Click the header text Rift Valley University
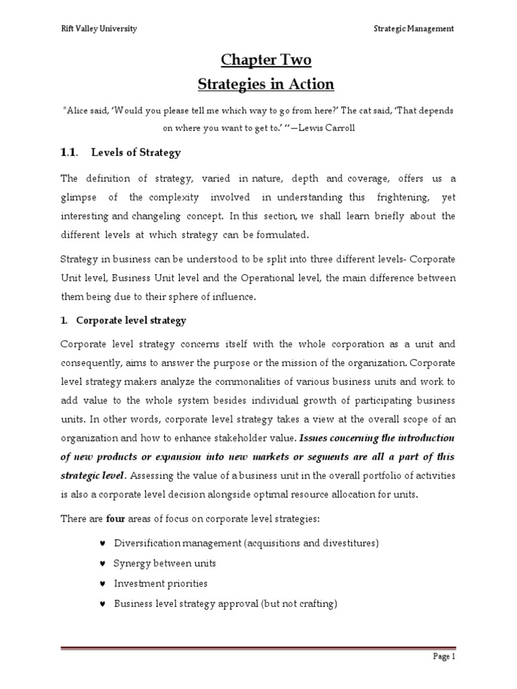[x=90, y=28]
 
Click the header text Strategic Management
[x=414, y=28]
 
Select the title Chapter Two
[x=267, y=61]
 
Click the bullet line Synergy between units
[x=165, y=563]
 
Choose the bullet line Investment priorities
[x=160, y=583]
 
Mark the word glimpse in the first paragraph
[x=79, y=196]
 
